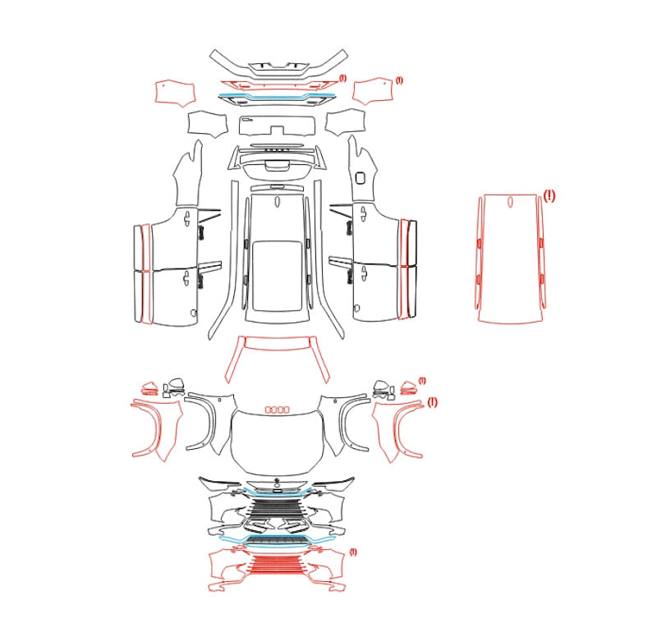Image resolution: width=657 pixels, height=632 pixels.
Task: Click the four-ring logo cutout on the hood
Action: point(277,410)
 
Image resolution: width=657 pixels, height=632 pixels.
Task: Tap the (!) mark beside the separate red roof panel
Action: point(549,195)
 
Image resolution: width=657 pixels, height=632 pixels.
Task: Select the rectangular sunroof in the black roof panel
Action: point(278,276)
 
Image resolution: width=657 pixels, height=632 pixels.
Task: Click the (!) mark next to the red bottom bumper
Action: point(353,552)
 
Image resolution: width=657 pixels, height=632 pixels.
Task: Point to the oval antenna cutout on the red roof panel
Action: point(510,202)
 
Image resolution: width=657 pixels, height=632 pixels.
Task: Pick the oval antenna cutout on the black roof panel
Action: point(277,202)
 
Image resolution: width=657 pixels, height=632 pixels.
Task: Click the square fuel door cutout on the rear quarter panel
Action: point(360,177)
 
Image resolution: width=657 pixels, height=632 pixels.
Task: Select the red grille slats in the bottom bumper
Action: point(277,564)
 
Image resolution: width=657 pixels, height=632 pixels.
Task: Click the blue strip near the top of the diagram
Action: point(277,97)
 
